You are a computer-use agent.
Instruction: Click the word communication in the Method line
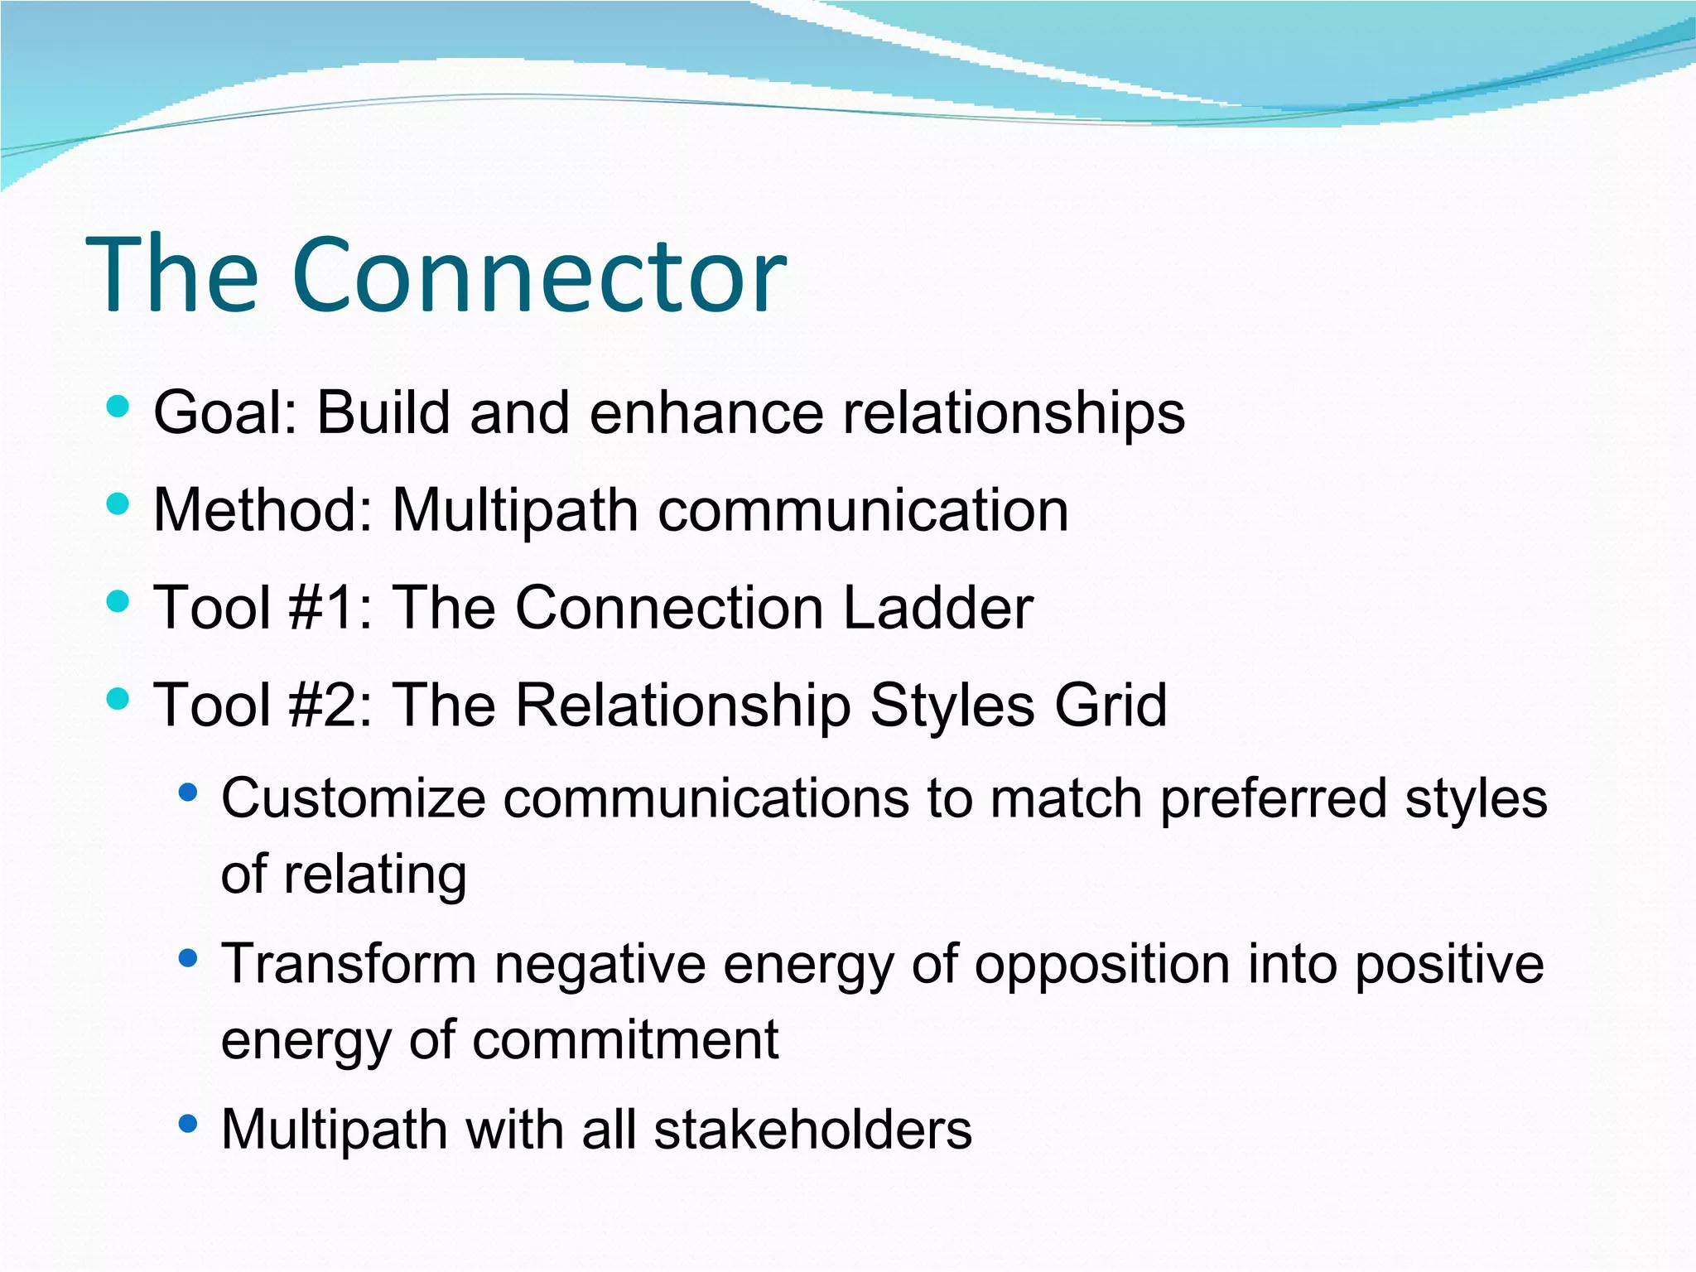coord(863,510)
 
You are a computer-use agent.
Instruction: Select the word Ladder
coord(937,608)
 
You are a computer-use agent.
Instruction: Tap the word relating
coord(375,876)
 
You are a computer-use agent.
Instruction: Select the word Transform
coord(349,965)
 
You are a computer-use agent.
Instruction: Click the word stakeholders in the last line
coord(812,1130)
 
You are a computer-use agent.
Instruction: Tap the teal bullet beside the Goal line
coord(118,407)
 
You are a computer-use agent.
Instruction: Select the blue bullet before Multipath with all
coord(189,1124)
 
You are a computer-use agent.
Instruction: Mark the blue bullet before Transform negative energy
coord(189,959)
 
